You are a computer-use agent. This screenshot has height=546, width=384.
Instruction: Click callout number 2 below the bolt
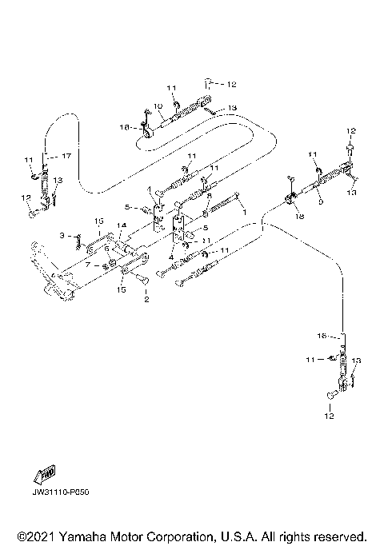point(146,300)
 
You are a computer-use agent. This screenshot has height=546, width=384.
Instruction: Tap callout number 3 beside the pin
point(71,235)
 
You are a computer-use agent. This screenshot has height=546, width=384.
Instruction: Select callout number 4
point(170,257)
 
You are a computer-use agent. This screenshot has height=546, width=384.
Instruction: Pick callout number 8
point(209,196)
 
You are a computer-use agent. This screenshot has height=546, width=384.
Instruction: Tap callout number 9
point(321,202)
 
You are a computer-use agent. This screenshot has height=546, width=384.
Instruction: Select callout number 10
point(158,106)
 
